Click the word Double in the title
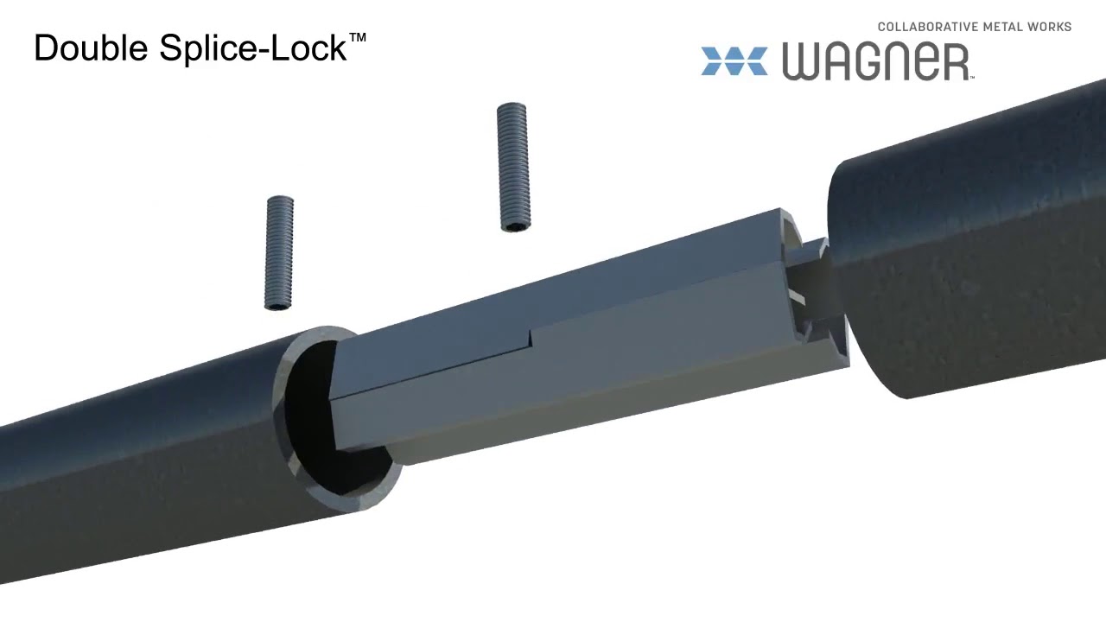point(91,48)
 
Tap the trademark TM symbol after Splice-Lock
point(358,39)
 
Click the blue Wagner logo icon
point(734,61)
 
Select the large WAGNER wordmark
point(876,62)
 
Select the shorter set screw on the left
point(279,252)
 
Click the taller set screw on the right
point(512,167)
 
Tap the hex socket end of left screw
point(278,304)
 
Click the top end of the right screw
point(512,107)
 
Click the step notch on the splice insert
point(530,338)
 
